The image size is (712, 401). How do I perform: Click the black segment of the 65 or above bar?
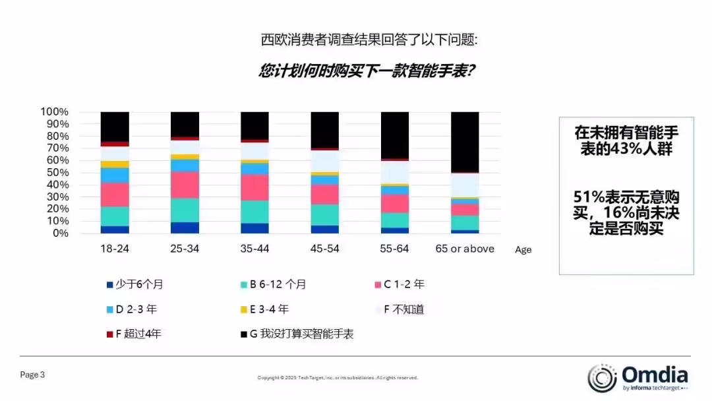coord(465,142)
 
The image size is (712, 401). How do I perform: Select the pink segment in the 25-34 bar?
coord(185,185)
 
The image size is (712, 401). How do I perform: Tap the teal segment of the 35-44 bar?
coord(254,212)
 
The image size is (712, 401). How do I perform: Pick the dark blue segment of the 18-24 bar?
coord(115,230)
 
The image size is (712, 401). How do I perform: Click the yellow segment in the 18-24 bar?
coord(115,164)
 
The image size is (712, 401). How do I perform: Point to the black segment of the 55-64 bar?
coord(395,135)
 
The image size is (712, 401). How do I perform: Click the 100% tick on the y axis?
coord(55,111)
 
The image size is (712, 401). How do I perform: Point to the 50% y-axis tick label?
coord(57,172)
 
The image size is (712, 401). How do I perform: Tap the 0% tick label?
coord(60,233)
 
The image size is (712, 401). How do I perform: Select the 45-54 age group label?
coord(324,249)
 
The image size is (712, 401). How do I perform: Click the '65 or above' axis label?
coord(465,249)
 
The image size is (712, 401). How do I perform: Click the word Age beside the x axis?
coord(523,250)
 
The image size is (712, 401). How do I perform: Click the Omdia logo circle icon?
coord(602,378)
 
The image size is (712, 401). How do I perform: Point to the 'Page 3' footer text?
coord(32,375)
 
